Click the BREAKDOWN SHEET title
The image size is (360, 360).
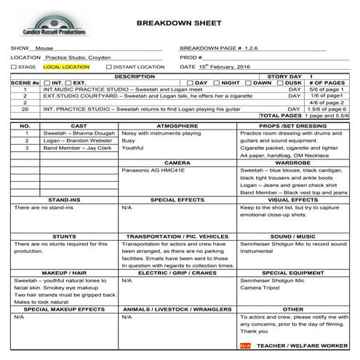click(x=178, y=23)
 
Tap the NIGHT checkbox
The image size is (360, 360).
click(x=215, y=83)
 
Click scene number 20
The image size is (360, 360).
click(x=25, y=108)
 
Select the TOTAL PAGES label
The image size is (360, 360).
click(x=280, y=115)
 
